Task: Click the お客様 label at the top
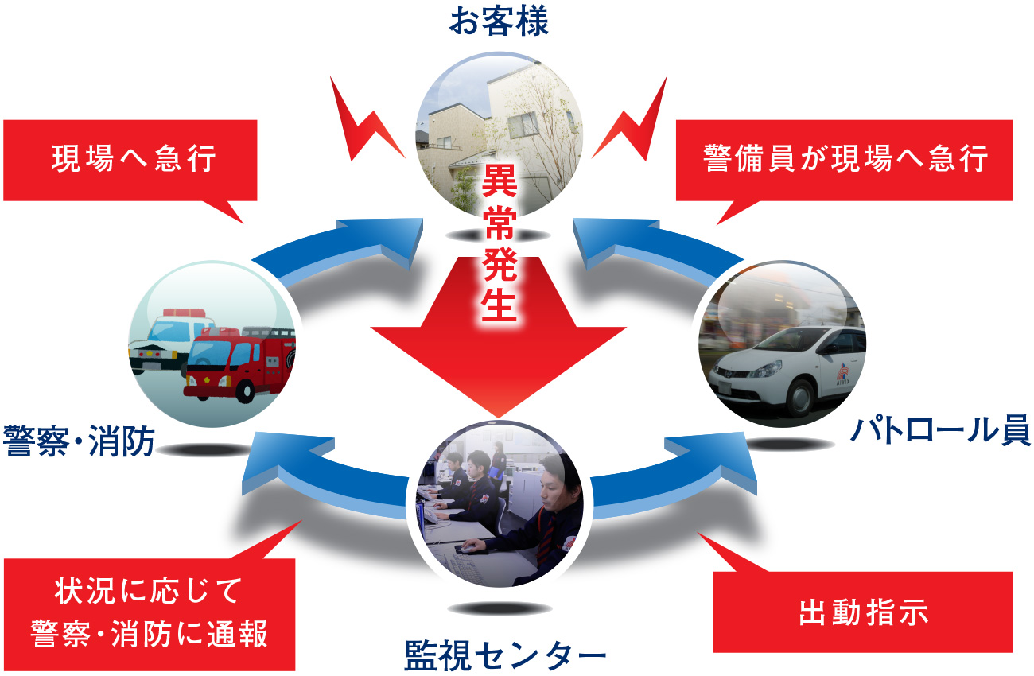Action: pyautogui.click(x=499, y=21)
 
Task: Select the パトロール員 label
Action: pyautogui.click(x=941, y=432)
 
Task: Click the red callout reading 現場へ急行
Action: pyautogui.click(x=132, y=160)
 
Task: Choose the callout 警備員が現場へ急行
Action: pyautogui.click(x=845, y=160)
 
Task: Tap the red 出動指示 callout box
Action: pyautogui.click(x=863, y=612)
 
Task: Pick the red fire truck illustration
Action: pyautogui.click(x=239, y=362)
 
